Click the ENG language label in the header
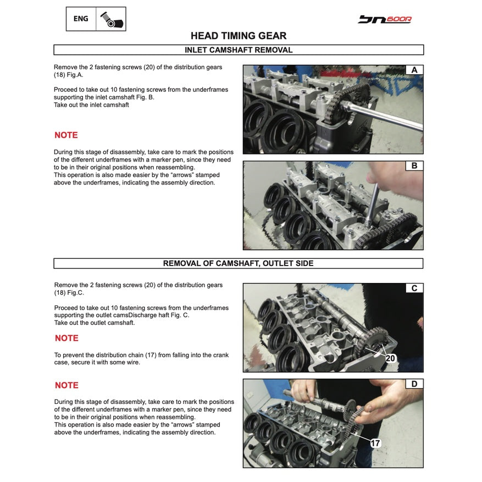click(x=81, y=19)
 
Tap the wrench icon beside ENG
click(x=112, y=19)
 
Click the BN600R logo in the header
click(x=385, y=19)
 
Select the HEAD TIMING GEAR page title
click(x=239, y=36)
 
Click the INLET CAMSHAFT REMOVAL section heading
click(x=239, y=50)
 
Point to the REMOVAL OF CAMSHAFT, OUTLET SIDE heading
click(x=239, y=263)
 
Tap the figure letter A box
click(x=414, y=70)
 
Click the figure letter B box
click(x=414, y=165)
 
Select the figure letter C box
click(x=414, y=288)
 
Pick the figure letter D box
click(x=414, y=384)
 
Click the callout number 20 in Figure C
click(x=390, y=358)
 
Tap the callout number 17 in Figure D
click(x=375, y=443)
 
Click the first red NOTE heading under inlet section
click(x=66, y=135)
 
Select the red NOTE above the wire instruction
click(x=67, y=338)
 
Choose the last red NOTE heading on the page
click(x=67, y=385)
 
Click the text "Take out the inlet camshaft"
click(x=91, y=105)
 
